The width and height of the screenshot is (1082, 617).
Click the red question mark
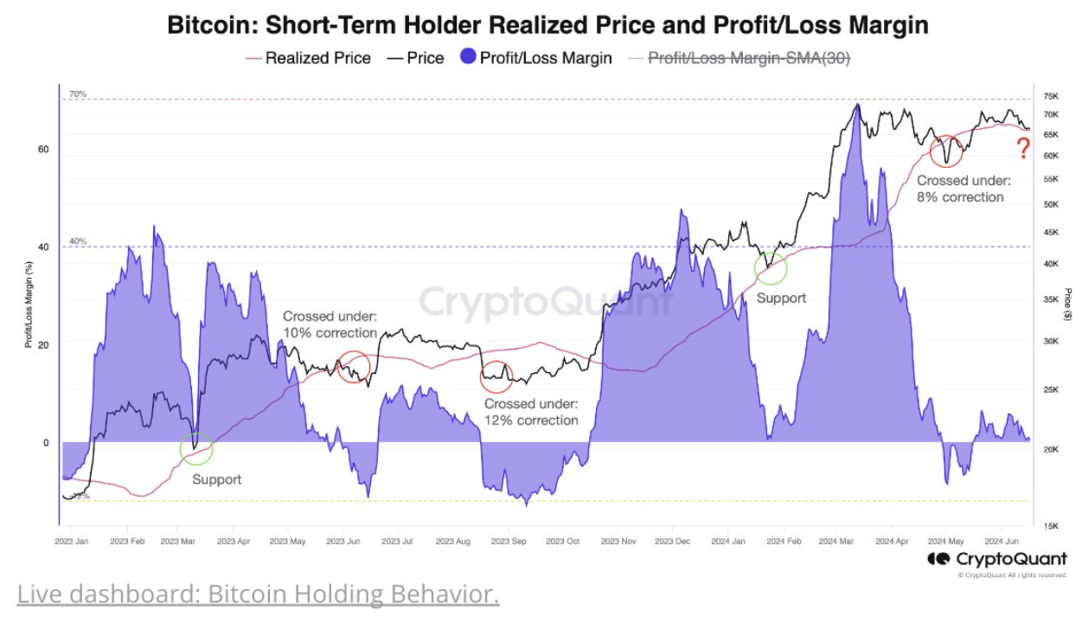(1024, 149)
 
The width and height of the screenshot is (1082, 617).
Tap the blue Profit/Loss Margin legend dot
(468, 58)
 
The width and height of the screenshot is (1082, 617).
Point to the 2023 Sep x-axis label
(509, 541)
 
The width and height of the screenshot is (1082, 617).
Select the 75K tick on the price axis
(1052, 96)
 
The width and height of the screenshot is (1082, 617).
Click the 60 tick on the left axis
(43, 150)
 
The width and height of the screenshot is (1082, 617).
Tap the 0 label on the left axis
(46, 443)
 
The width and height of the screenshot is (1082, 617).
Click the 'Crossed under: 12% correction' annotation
(531, 412)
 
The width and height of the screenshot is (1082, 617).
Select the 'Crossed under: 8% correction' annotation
(963, 189)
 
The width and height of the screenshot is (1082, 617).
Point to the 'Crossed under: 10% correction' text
(330, 325)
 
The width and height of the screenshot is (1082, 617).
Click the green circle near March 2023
(195, 448)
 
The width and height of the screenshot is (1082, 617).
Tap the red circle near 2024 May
(946, 151)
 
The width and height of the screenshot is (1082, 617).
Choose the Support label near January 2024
(781, 298)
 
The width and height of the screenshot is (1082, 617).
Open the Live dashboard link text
(258, 595)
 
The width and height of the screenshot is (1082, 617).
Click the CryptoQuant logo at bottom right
(996, 559)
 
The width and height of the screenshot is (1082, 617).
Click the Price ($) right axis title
(1069, 305)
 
